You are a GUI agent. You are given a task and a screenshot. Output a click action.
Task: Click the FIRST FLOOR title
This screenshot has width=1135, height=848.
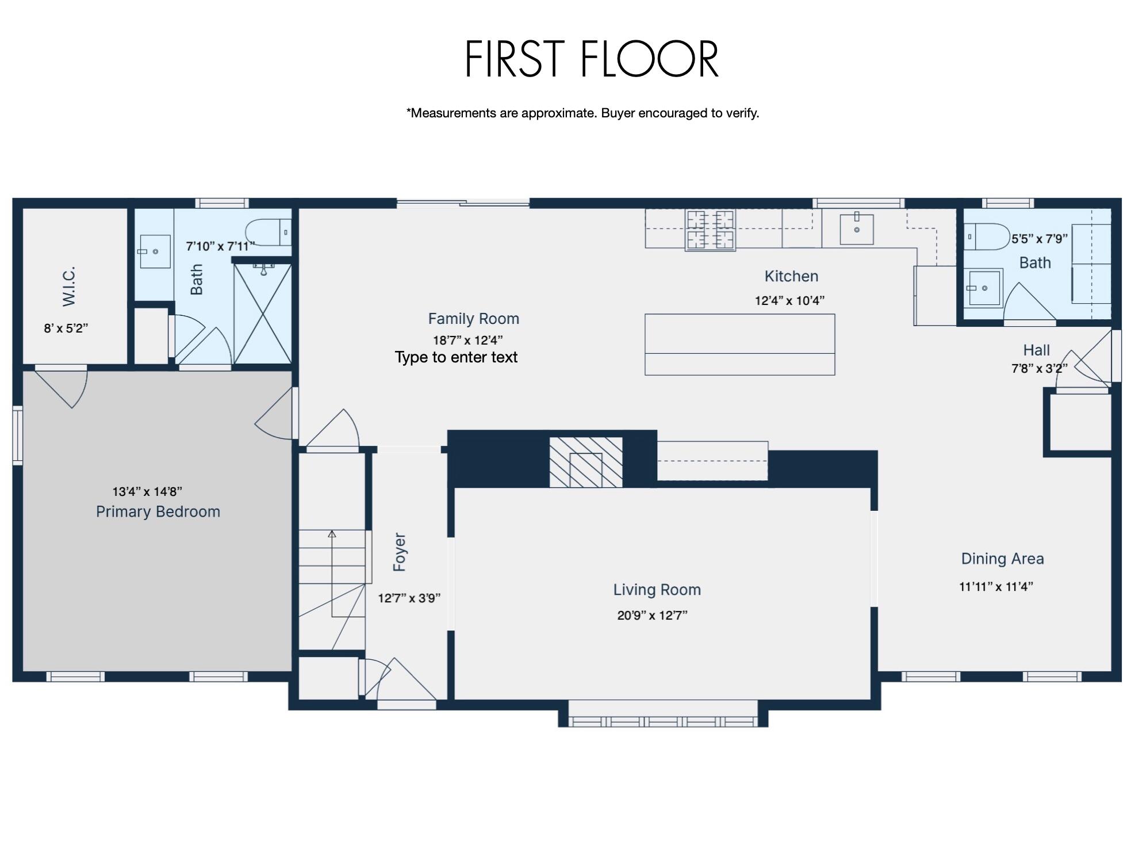point(592,59)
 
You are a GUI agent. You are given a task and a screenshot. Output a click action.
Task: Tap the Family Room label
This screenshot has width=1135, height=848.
point(473,319)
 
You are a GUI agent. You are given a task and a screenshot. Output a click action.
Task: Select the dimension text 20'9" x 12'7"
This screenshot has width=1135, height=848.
point(652,616)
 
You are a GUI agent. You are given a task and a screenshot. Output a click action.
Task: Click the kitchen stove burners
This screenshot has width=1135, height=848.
point(711,230)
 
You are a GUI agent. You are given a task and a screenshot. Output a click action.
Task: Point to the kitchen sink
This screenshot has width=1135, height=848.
point(856,229)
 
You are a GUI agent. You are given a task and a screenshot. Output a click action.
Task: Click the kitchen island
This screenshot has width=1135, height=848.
point(739,344)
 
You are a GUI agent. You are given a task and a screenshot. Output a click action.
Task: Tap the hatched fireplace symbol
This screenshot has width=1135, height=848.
point(585,462)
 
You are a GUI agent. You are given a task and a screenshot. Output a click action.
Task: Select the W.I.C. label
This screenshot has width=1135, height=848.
point(69,287)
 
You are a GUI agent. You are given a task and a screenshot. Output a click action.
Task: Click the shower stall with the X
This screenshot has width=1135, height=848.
point(262,313)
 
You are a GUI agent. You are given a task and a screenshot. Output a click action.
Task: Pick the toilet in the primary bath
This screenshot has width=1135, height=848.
point(268,232)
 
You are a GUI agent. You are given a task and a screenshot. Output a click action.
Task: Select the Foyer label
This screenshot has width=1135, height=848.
point(400,552)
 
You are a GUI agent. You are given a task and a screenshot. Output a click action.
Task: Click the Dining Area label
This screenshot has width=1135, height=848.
point(1002,559)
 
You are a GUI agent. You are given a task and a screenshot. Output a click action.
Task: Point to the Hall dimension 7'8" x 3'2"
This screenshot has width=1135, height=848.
point(1039,369)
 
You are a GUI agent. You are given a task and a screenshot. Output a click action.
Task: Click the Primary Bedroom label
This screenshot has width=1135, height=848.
point(158,511)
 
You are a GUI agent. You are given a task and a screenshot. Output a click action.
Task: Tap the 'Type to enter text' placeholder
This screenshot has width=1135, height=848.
point(456,357)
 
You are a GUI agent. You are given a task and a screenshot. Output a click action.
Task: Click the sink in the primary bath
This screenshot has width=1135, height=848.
point(155,251)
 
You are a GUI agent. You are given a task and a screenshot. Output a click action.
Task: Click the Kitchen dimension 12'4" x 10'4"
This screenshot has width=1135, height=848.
point(789,300)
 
